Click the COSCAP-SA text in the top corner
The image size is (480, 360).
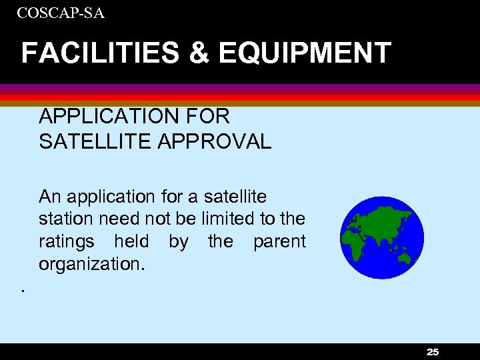pyautogui.click(x=61, y=13)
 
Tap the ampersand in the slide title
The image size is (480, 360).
pyautogui.click(x=199, y=53)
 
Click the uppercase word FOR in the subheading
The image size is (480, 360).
pyautogui.click(x=207, y=117)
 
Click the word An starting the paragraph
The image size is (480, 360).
pyautogui.click(x=49, y=197)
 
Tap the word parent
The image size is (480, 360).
pyautogui.click(x=279, y=241)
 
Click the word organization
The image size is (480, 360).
pyautogui.click(x=91, y=264)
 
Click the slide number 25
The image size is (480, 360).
pyautogui.click(x=433, y=352)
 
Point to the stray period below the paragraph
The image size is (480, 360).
pyautogui.click(x=22, y=290)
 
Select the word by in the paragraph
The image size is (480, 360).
pyautogui.click(x=178, y=241)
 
